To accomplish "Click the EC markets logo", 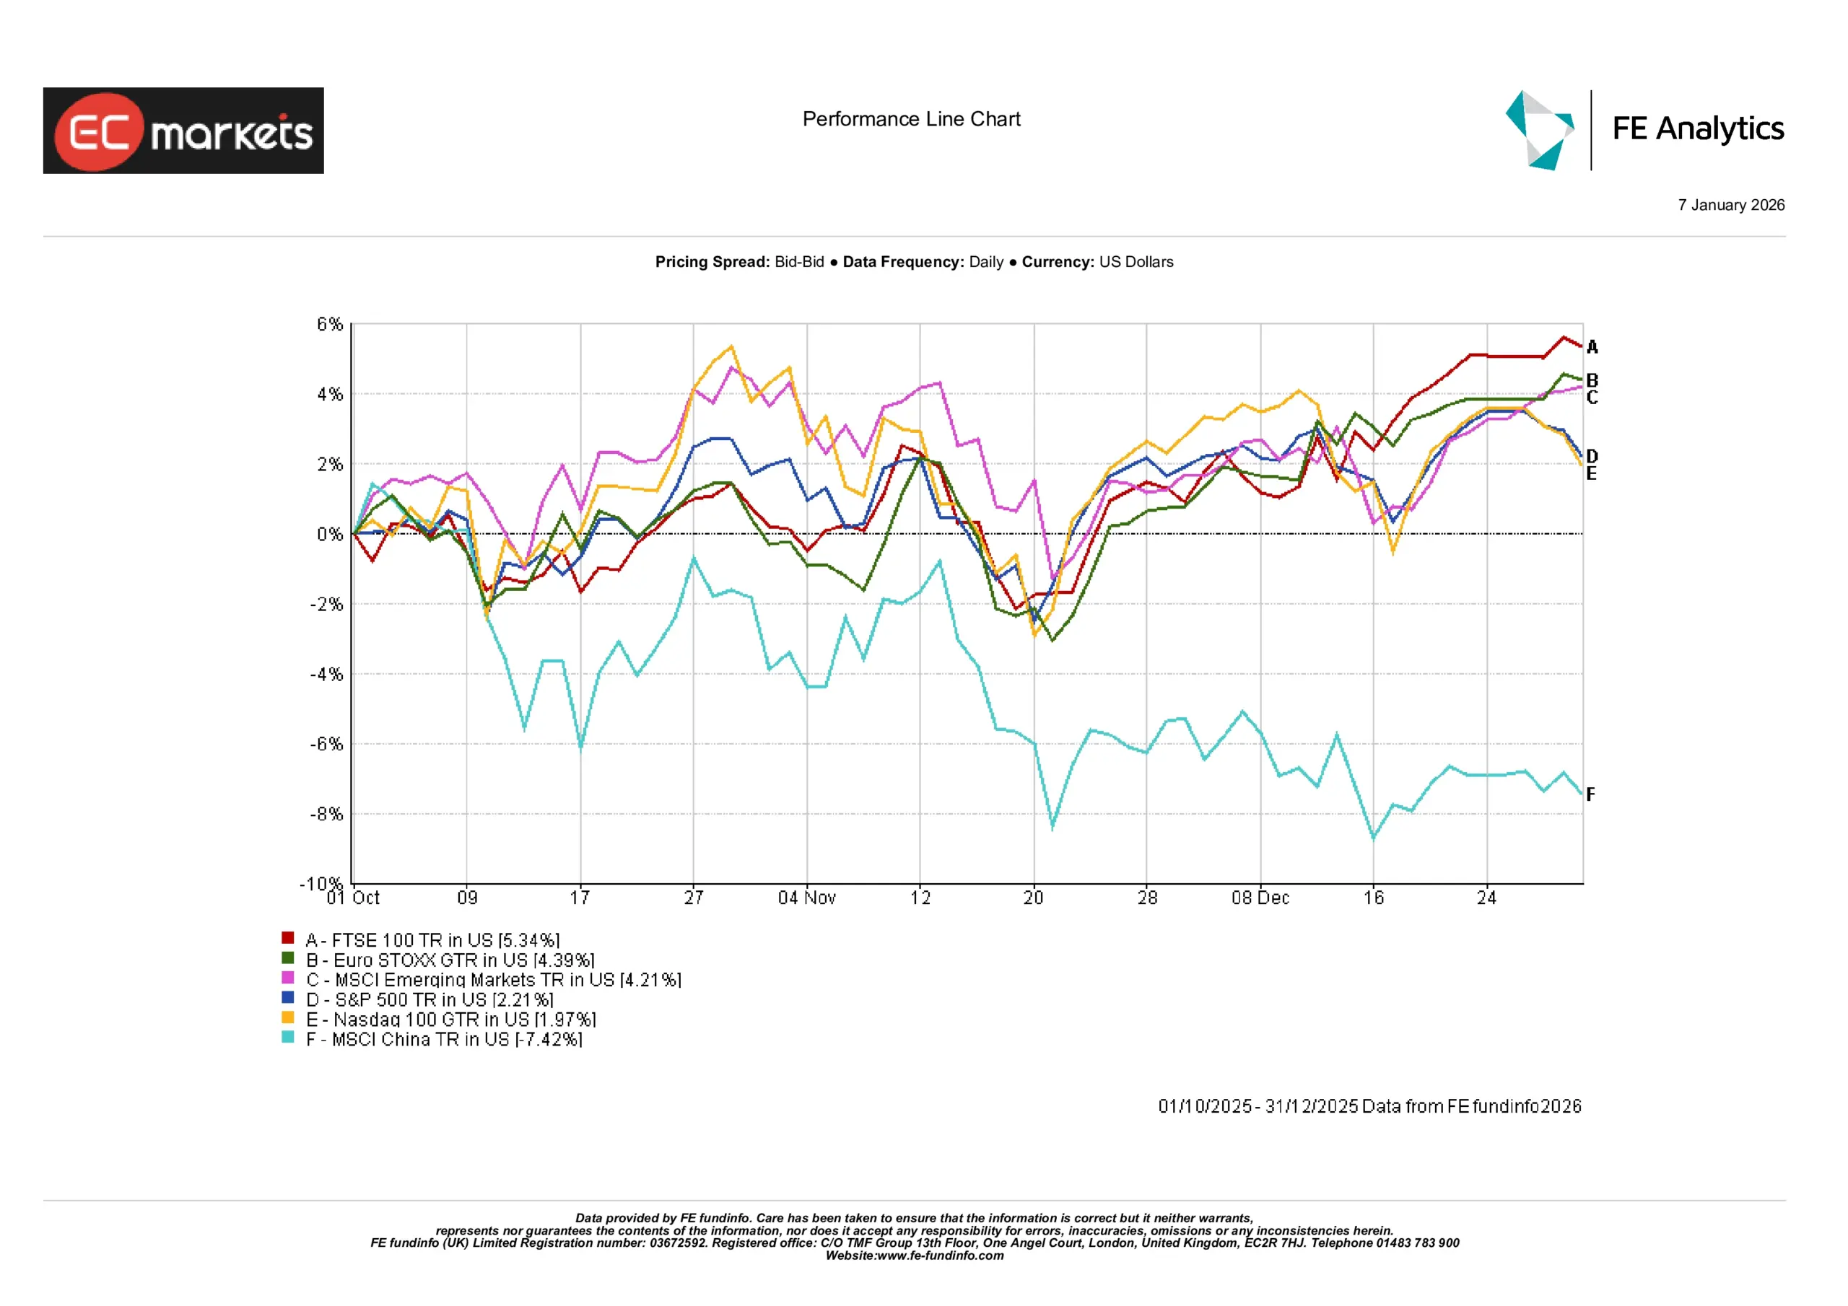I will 183,131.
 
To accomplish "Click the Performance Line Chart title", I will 911,119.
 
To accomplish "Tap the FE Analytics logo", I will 1644,130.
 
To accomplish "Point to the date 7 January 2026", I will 1730,205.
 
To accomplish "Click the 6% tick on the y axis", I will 329,324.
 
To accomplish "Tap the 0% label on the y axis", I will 329,535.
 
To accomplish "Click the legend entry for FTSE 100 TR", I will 432,940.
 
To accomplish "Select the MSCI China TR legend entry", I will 443,1039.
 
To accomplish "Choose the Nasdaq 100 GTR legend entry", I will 450,1019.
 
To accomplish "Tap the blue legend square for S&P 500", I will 287,998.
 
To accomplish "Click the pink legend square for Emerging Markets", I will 287,978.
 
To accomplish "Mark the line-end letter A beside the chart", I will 1591,347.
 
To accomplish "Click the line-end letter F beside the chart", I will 1590,794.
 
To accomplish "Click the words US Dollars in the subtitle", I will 1136,263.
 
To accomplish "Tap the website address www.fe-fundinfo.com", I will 939,1255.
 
